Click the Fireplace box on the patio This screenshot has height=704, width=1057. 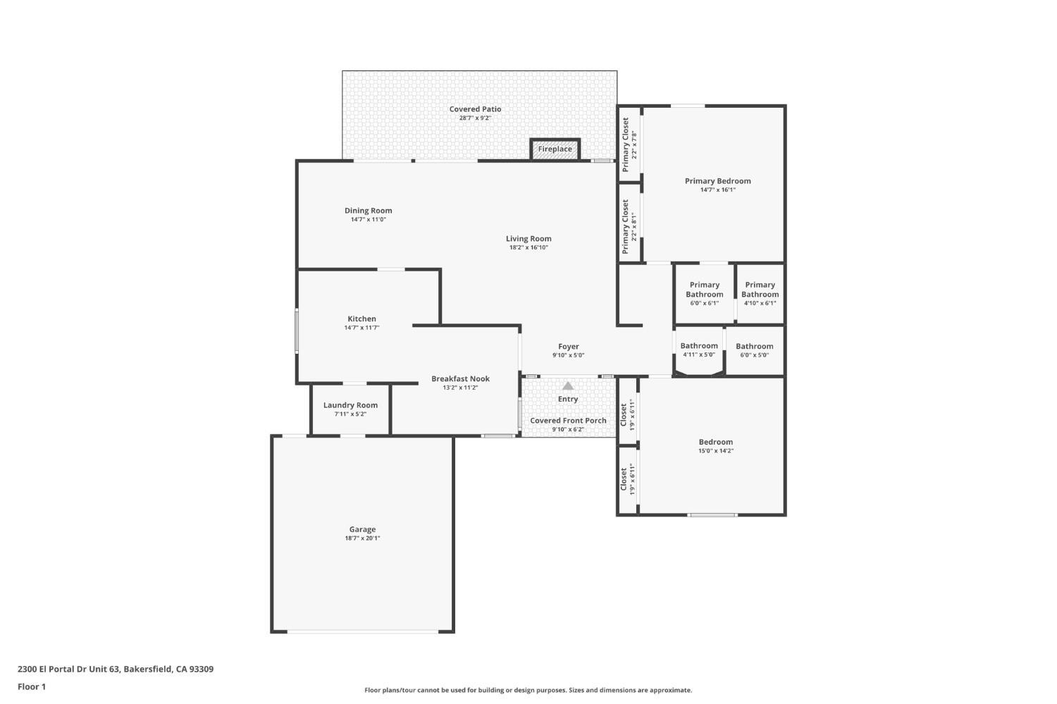tap(555, 149)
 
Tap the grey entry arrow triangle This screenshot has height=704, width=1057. tap(568, 385)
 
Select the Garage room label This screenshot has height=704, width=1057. tap(362, 529)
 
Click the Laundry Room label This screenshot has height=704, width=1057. tap(350, 405)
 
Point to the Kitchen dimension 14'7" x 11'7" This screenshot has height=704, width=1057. tap(361, 328)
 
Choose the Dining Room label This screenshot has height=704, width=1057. tap(368, 211)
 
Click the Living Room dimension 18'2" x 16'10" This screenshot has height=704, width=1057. tap(528, 247)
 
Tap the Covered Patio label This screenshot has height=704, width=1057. tap(475, 109)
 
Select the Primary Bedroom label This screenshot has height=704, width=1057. tap(717, 181)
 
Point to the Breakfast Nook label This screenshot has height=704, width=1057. tap(460, 379)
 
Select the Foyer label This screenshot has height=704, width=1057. tap(568, 347)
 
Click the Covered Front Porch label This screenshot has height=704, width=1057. tap(568, 421)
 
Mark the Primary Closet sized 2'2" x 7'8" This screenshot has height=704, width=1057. tap(629, 140)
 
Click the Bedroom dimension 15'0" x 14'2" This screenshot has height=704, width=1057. tap(715, 451)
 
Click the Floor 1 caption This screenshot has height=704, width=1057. tap(32, 686)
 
